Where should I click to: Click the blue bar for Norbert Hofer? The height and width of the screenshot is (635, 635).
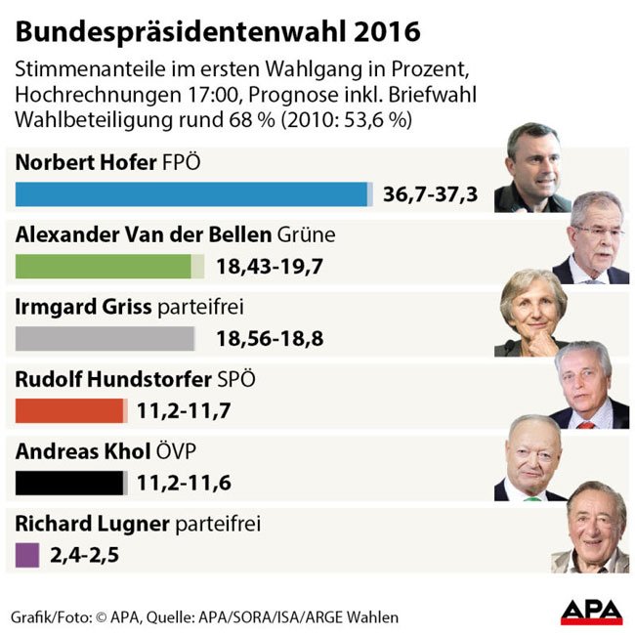[193, 193]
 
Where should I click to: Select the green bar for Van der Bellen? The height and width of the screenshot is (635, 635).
[105, 266]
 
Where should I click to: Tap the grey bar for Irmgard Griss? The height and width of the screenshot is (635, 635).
[106, 338]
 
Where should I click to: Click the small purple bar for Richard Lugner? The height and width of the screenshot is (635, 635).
[28, 555]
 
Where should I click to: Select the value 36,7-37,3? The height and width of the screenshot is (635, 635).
[430, 194]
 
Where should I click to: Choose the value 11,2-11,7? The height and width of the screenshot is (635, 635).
[184, 411]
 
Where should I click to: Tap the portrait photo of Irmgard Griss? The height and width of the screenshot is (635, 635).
[533, 312]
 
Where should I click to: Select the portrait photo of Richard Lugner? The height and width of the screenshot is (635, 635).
[589, 528]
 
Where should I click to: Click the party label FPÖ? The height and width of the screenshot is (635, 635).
[179, 162]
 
